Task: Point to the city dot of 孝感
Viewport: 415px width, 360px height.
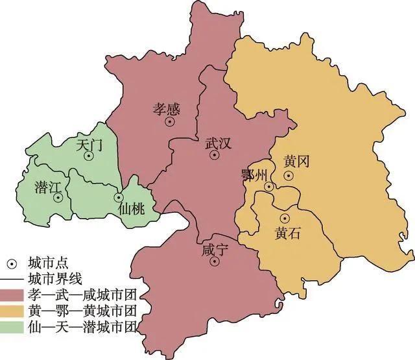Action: coord(170,121)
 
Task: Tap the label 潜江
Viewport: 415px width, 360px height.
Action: coord(47,187)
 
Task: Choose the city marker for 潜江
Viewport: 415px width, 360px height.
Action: coord(58,198)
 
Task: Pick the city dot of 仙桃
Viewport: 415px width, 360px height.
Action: coord(119,197)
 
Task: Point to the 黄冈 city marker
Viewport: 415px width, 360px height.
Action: coord(288,175)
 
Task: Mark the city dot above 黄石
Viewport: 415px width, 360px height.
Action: coord(285,217)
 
